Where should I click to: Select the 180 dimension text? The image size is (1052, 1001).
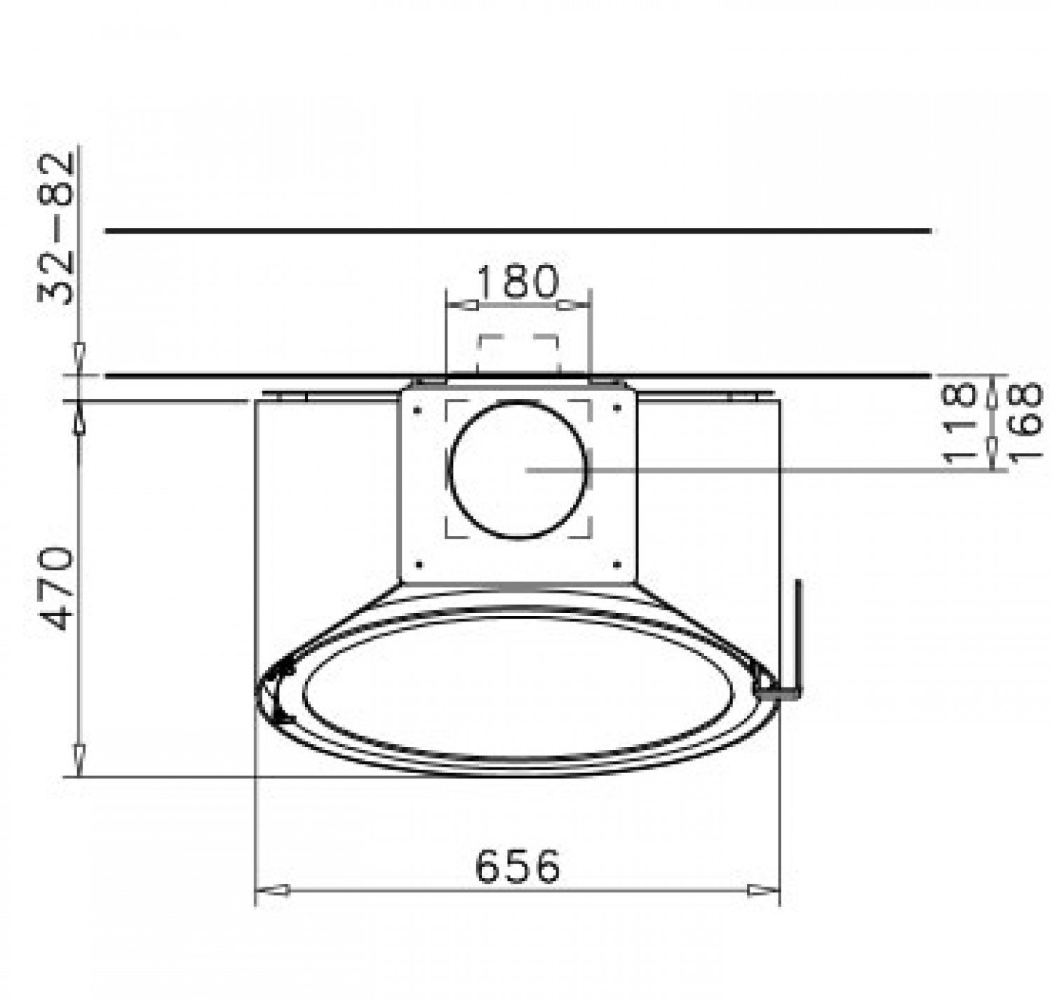coord(518,281)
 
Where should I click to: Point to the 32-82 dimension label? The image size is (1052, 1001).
coord(55,229)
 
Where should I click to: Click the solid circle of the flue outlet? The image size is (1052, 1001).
coord(518,469)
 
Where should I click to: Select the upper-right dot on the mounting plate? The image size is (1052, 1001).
coord(617,409)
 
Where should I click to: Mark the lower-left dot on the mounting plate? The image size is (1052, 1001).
coord(419,564)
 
